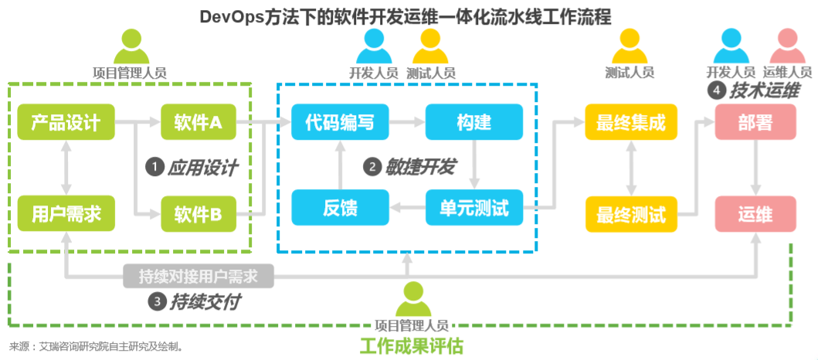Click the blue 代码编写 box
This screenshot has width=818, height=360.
pyautogui.click(x=340, y=121)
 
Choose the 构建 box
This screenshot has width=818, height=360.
pyautogui.click(x=474, y=121)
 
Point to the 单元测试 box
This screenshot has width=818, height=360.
pyautogui.click(x=474, y=208)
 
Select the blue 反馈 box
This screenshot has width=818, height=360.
pyautogui.click(x=340, y=208)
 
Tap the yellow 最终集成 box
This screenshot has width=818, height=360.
pyautogui.click(x=631, y=121)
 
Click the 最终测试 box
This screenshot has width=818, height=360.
pyautogui.click(x=631, y=213)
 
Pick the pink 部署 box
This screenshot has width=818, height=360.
pyautogui.click(x=755, y=121)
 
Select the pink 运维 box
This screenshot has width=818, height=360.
pyautogui.click(x=755, y=213)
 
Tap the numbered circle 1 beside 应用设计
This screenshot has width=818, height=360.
pyautogui.click(x=155, y=166)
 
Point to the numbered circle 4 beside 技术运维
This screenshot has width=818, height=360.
pyautogui.click(x=717, y=90)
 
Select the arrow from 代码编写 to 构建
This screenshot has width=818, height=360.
pyautogui.click(x=406, y=121)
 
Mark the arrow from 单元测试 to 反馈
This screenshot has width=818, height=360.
pyautogui.click(x=406, y=208)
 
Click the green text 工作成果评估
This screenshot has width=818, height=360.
pyautogui.click(x=411, y=345)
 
